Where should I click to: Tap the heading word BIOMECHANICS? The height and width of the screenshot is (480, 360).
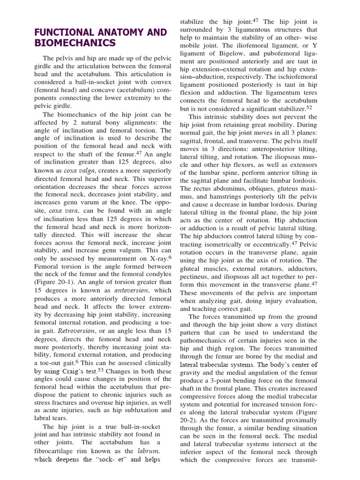point(75,44)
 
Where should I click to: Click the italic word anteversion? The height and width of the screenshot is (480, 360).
point(136,290)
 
